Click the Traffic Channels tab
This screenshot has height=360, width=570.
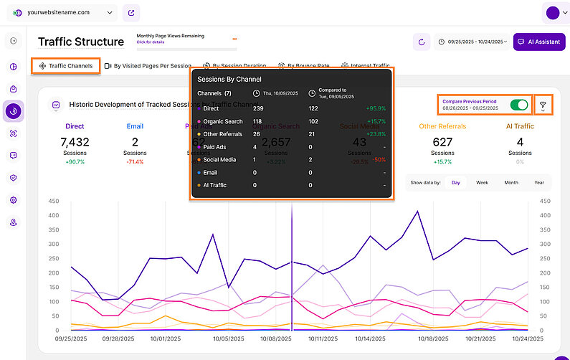pos(66,66)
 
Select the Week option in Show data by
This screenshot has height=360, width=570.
pos(482,183)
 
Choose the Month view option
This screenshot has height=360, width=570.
pos(510,183)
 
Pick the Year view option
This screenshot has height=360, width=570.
pos(538,183)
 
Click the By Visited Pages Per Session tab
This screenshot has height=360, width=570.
pos(148,66)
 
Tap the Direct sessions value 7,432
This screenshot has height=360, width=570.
pos(75,143)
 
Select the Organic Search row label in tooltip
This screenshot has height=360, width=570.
pos(222,121)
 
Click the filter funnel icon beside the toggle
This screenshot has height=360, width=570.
pos(543,105)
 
